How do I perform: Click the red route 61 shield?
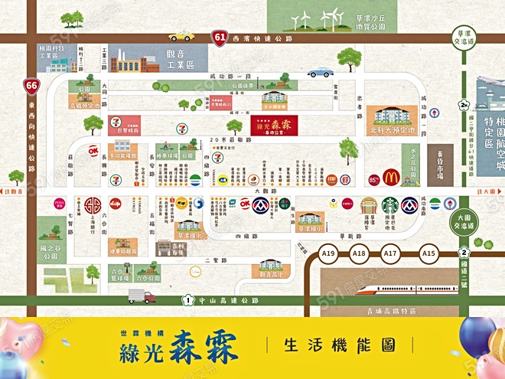pyautogui.click(x=220, y=37)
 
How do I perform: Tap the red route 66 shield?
pyautogui.click(x=31, y=86)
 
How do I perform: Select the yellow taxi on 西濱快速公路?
pyautogui.click(x=182, y=36)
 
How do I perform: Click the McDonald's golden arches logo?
pyautogui.click(x=392, y=178)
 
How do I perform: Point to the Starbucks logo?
pyautogui.click(x=390, y=205)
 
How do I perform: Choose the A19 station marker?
pyautogui.click(x=330, y=253)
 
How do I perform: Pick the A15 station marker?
pyautogui.click(x=428, y=253)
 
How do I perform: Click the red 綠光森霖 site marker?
pyautogui.click(x=275, y=126)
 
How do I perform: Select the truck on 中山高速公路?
pyautogui.click(x=142, y=296)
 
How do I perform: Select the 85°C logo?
pyautogui.click(x=374, y=180)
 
